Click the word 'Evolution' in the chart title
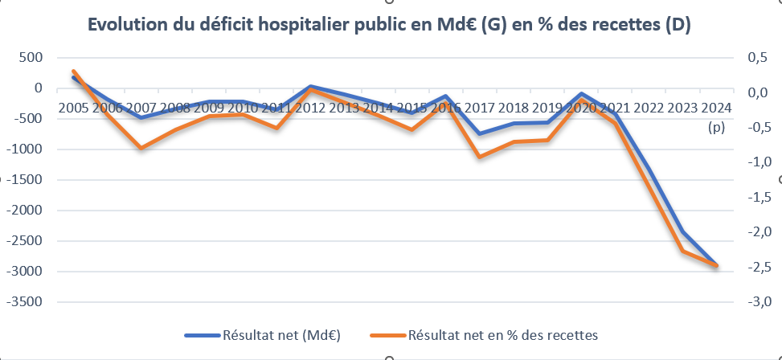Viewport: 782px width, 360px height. point(127,26)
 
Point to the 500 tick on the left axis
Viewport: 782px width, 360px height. point(28,57)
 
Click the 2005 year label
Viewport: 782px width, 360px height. point(73,108)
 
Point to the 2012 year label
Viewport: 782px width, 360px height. point(310,108)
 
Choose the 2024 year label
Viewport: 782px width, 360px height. point(715,108)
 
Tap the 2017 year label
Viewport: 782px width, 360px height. point(480,108)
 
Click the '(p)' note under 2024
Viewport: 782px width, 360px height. point(715,127)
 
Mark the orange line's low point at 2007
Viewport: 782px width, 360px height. point(141,149)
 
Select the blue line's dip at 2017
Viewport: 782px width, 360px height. point(480,134)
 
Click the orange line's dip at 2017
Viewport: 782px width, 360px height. point(480,157)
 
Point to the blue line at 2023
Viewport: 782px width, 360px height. point(682,232)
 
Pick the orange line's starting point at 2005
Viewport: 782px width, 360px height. point(73,72)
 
